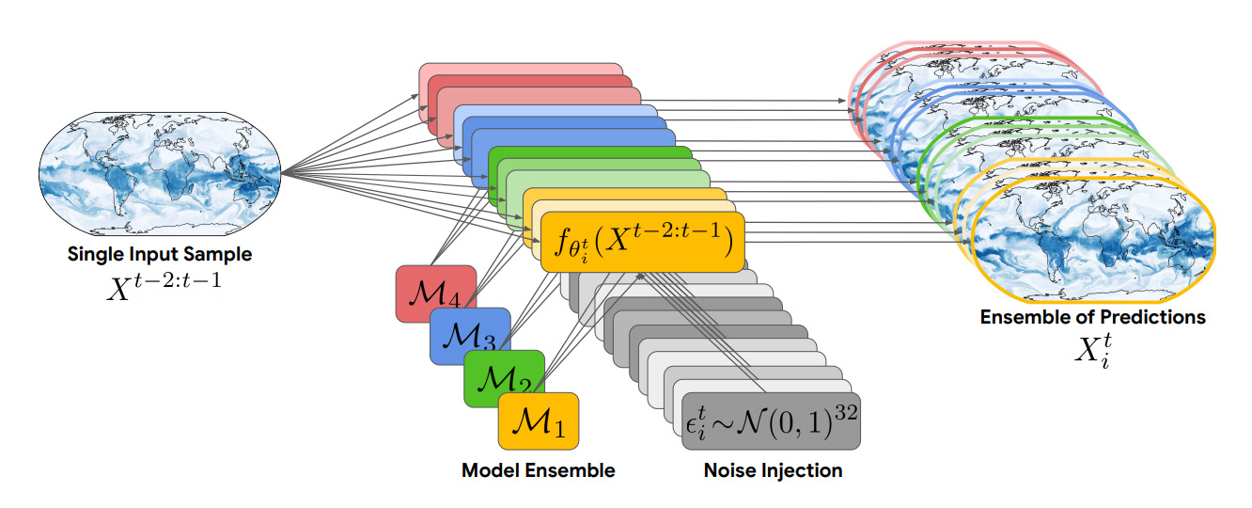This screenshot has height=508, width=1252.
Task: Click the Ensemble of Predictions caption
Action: pyautogui.click(x=1092, y=317)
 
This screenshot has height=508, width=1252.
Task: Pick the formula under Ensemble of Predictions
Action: pyautogui.click(x=1092, y=350)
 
